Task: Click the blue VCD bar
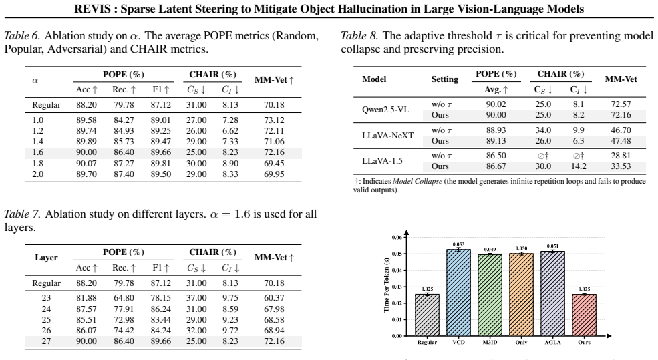tap(458, 293)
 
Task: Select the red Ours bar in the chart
tap(584, 315)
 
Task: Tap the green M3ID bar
tap(490, 295)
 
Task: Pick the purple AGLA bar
tap(552, 294)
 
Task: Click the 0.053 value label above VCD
tap(458, 244)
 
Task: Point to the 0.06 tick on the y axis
tap(397, 238)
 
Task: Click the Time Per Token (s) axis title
tap(387, 285)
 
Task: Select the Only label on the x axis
tap(521, 343)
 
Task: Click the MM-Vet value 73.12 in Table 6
tap(274, 120)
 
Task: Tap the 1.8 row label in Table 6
tap(38, 163)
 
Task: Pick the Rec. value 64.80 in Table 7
tap(124, 298)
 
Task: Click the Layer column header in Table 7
tap(46, 258)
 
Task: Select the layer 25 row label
tap(46, 320)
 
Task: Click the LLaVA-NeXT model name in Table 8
tap(387, 136)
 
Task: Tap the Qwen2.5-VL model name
tap(385, 110)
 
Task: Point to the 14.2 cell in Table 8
tap(579, 166)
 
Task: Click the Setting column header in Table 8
tap(444, 79)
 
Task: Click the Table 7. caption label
tap(23, 214)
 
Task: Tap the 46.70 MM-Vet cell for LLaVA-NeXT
tap(621, 130)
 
